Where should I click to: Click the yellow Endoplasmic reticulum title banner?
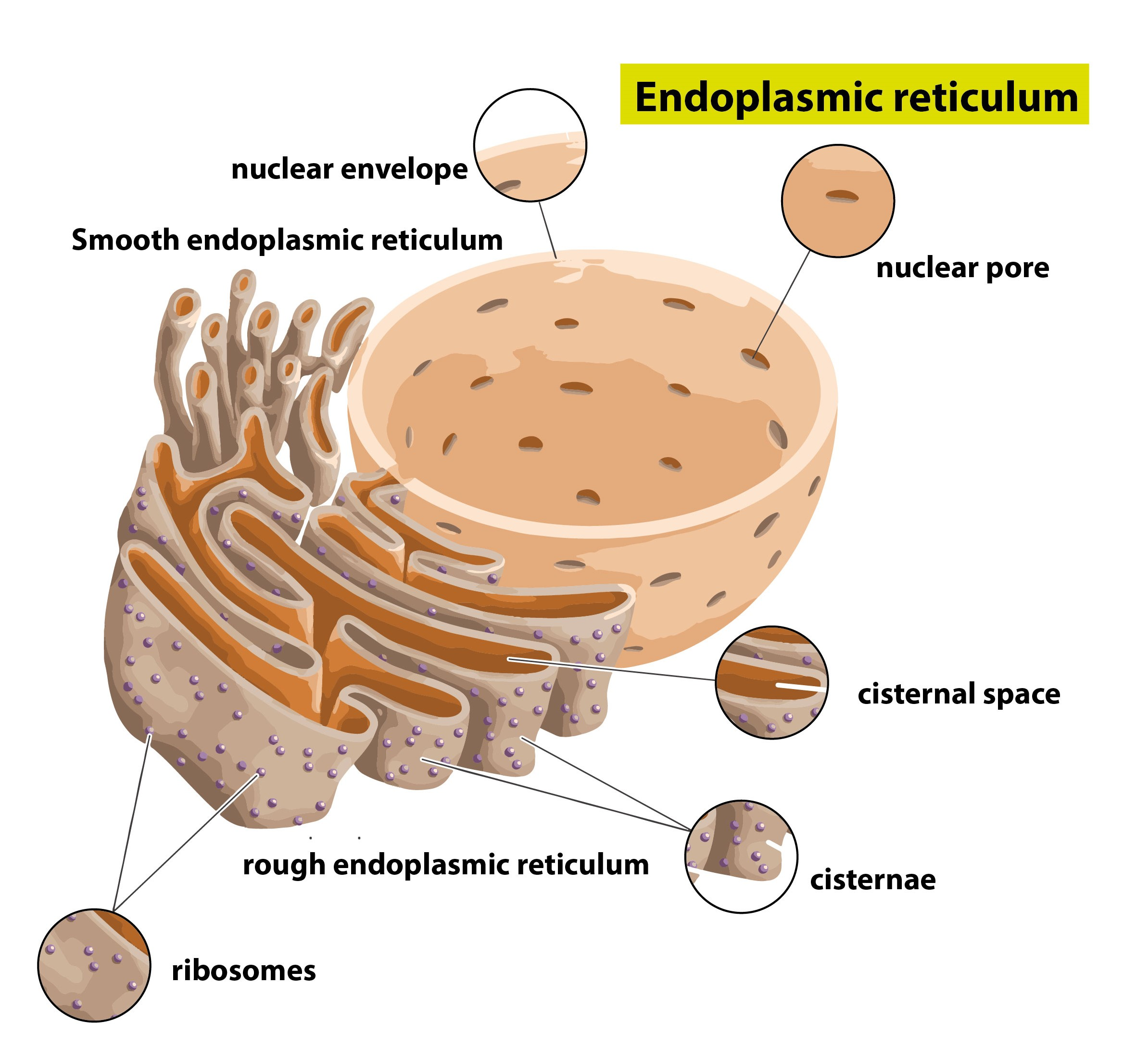click(854, 94)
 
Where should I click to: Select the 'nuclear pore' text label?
click(962, 268)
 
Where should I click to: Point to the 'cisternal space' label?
click(959, 694)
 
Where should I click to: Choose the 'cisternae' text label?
click(873, 879)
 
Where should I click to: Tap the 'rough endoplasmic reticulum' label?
click(445, 865)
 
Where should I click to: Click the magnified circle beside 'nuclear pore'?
click(837, 201)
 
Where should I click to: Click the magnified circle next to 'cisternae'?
click(741, 856)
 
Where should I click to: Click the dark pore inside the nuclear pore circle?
click(842, 196)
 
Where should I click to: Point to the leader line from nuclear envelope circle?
click(547, 229)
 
